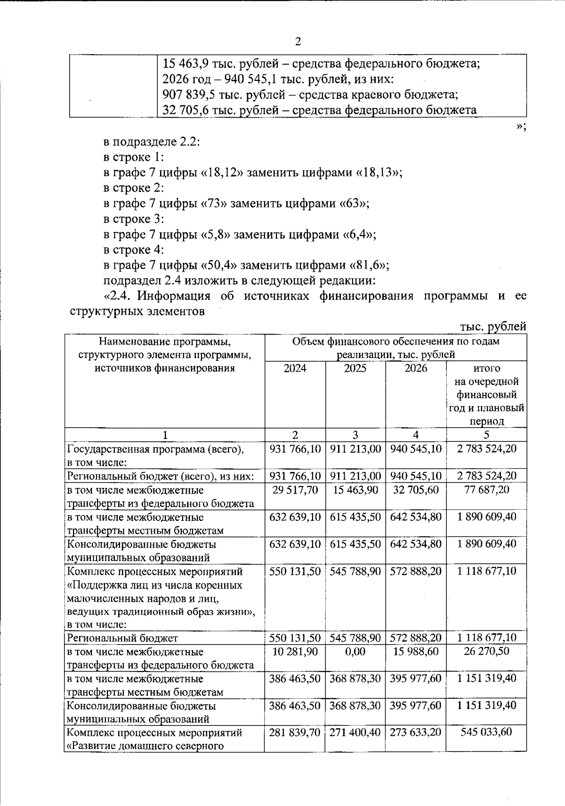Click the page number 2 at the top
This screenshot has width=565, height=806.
click(298, 42)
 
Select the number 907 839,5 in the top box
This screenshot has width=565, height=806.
click(184, 95)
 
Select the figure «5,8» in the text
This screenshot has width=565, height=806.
click(216, 234)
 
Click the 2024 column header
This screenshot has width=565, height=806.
click(295, 368)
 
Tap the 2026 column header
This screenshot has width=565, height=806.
click(415, 368)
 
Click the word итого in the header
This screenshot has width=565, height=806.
click(486, 368)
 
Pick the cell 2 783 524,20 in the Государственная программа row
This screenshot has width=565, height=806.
click(486, 449)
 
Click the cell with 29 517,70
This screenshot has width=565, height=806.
click(295, 490)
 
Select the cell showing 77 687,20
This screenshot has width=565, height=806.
click(486, 490)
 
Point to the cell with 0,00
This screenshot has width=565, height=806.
click(355, 651)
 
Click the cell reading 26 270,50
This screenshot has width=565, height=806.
click(486, 651)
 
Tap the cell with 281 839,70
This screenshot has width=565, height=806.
click(295, 732)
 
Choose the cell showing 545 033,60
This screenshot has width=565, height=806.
click(486, 732)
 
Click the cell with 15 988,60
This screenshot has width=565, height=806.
click(415, 651)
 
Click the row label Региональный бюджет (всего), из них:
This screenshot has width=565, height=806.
click(161, 476)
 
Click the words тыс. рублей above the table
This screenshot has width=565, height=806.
click(492, 327)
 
